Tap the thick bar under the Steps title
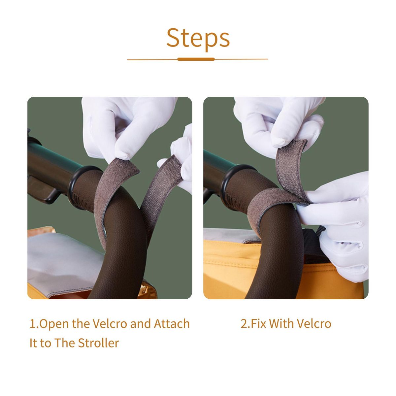click(x=196, y=59)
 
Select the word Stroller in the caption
click(x=98, y=343)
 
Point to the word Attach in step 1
click(x=172, y=324)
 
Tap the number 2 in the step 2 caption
click(x=244, y=324)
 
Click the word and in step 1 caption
click(x=140, y=324)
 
